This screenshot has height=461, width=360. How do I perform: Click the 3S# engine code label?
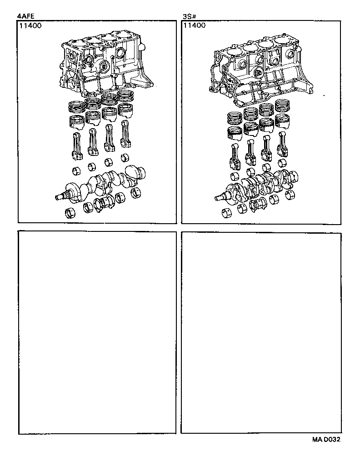tap(188, 17)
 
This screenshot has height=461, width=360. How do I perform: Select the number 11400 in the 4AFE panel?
tap(30, 26)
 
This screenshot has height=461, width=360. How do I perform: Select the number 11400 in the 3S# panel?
tap(194, 26)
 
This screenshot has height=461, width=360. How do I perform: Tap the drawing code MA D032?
tap(326, 440)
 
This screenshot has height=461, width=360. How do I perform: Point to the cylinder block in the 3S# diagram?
tap(261, 68)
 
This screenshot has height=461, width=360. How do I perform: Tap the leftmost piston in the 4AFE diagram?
tap(76, 122)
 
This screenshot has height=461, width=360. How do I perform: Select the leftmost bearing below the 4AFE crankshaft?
tap(71, 213)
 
